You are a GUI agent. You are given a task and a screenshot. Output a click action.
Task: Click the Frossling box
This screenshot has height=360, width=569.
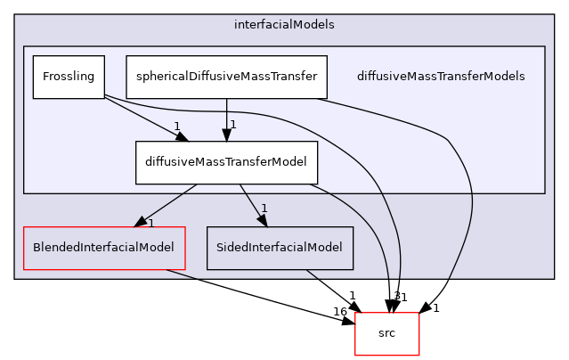69,77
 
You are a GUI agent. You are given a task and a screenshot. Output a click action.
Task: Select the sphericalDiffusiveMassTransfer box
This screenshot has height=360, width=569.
226,77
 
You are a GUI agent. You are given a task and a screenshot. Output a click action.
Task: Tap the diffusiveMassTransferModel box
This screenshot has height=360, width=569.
226,162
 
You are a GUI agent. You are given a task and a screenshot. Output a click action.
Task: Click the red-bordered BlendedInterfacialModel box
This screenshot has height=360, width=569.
103,248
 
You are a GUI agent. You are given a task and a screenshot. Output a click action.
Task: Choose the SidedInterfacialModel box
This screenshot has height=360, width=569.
280,248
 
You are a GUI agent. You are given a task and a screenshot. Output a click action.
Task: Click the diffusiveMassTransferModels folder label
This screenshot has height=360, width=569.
440,77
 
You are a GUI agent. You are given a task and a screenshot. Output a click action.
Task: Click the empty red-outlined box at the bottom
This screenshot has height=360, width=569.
387,334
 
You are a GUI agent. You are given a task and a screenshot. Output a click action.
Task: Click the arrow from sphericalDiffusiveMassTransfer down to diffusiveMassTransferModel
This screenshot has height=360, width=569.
226,116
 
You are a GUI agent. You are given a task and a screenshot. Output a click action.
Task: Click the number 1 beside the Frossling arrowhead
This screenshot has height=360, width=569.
177,126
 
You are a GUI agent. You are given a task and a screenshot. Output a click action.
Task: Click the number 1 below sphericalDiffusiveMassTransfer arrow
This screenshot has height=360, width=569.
232,125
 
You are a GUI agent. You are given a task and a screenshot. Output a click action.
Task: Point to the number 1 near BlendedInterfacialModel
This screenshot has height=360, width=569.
150,223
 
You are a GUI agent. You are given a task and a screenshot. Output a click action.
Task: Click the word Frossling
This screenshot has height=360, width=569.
69,77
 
